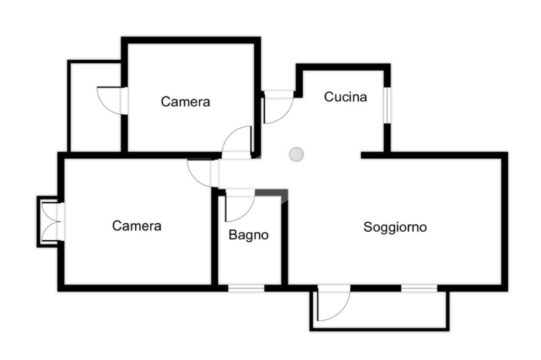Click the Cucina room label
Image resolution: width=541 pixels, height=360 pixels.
[346, 97]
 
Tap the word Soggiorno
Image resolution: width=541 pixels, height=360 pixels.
[395, 228]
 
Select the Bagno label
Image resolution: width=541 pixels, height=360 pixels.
[248, 235]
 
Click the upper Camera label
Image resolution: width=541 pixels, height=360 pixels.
[185, 101]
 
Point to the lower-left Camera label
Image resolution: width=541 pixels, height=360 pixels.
[137, 226]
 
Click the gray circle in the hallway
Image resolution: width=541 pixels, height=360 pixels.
[297, 154]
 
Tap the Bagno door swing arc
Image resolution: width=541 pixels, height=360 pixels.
[240, 209]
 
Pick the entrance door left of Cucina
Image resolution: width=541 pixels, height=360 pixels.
[277, 108]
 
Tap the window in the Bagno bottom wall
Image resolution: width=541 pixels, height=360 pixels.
[246, 288]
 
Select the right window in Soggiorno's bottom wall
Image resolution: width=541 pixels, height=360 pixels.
[419, 288]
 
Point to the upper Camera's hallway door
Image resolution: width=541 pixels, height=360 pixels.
[238, 143]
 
